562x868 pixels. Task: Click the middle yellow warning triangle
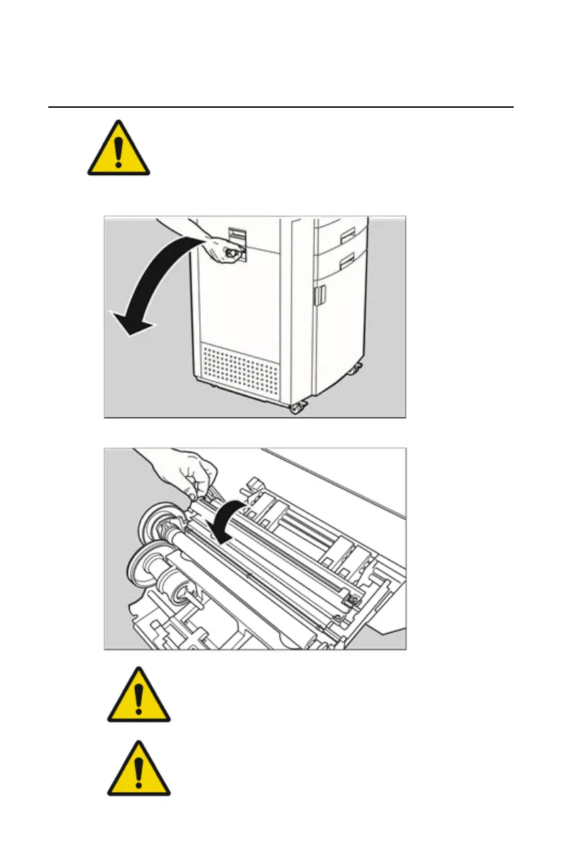click(138, 696)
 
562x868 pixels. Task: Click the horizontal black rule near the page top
click(280, 108)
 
